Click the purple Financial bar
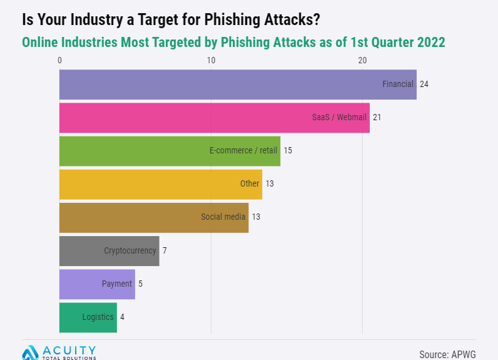point(238,85)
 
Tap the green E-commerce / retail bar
point(170,151)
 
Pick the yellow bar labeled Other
point(160,184)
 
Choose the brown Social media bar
point(154,217)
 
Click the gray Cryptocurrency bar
point(109,250)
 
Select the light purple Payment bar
point(97,284)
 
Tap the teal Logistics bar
point(88,317)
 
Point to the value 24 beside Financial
point(424,84)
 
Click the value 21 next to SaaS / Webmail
point(377,117)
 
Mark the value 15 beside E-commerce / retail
point(288,150)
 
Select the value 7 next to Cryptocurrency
point(165,250)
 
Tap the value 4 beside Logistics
point(122,317)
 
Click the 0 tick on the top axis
point(59,60)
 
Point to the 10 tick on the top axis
point(211,60)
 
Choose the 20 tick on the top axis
point(362,60)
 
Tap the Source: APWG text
point(447,354)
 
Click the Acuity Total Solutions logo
point(59,352)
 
